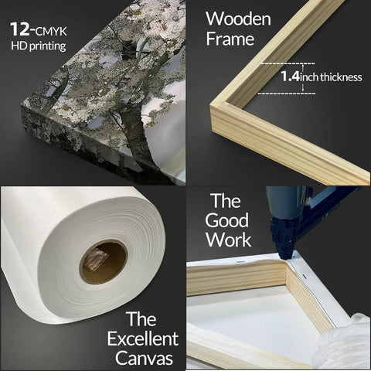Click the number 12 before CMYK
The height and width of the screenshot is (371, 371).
(19, 29)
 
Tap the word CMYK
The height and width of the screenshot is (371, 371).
(51, 32)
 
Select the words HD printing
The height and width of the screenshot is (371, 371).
(39, 46)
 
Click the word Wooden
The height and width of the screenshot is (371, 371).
(238, 19)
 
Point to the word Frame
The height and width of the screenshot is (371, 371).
(230, 39)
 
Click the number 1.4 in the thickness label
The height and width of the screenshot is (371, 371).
(290, 77)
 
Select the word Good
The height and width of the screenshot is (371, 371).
(226, 220)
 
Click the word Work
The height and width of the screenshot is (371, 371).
(229, 240)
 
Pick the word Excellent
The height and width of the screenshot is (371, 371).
(143, 339)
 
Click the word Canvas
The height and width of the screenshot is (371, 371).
(144, 358)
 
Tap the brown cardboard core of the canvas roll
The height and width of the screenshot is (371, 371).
(104, 261)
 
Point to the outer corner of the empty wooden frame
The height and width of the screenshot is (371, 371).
(210, 106)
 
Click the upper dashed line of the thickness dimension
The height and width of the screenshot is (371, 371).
(288, 63)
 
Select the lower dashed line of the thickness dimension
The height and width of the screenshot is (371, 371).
(287, 94)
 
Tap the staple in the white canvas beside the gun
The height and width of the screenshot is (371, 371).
(304, 277)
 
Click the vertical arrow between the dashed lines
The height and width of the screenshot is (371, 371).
(303, 78)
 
